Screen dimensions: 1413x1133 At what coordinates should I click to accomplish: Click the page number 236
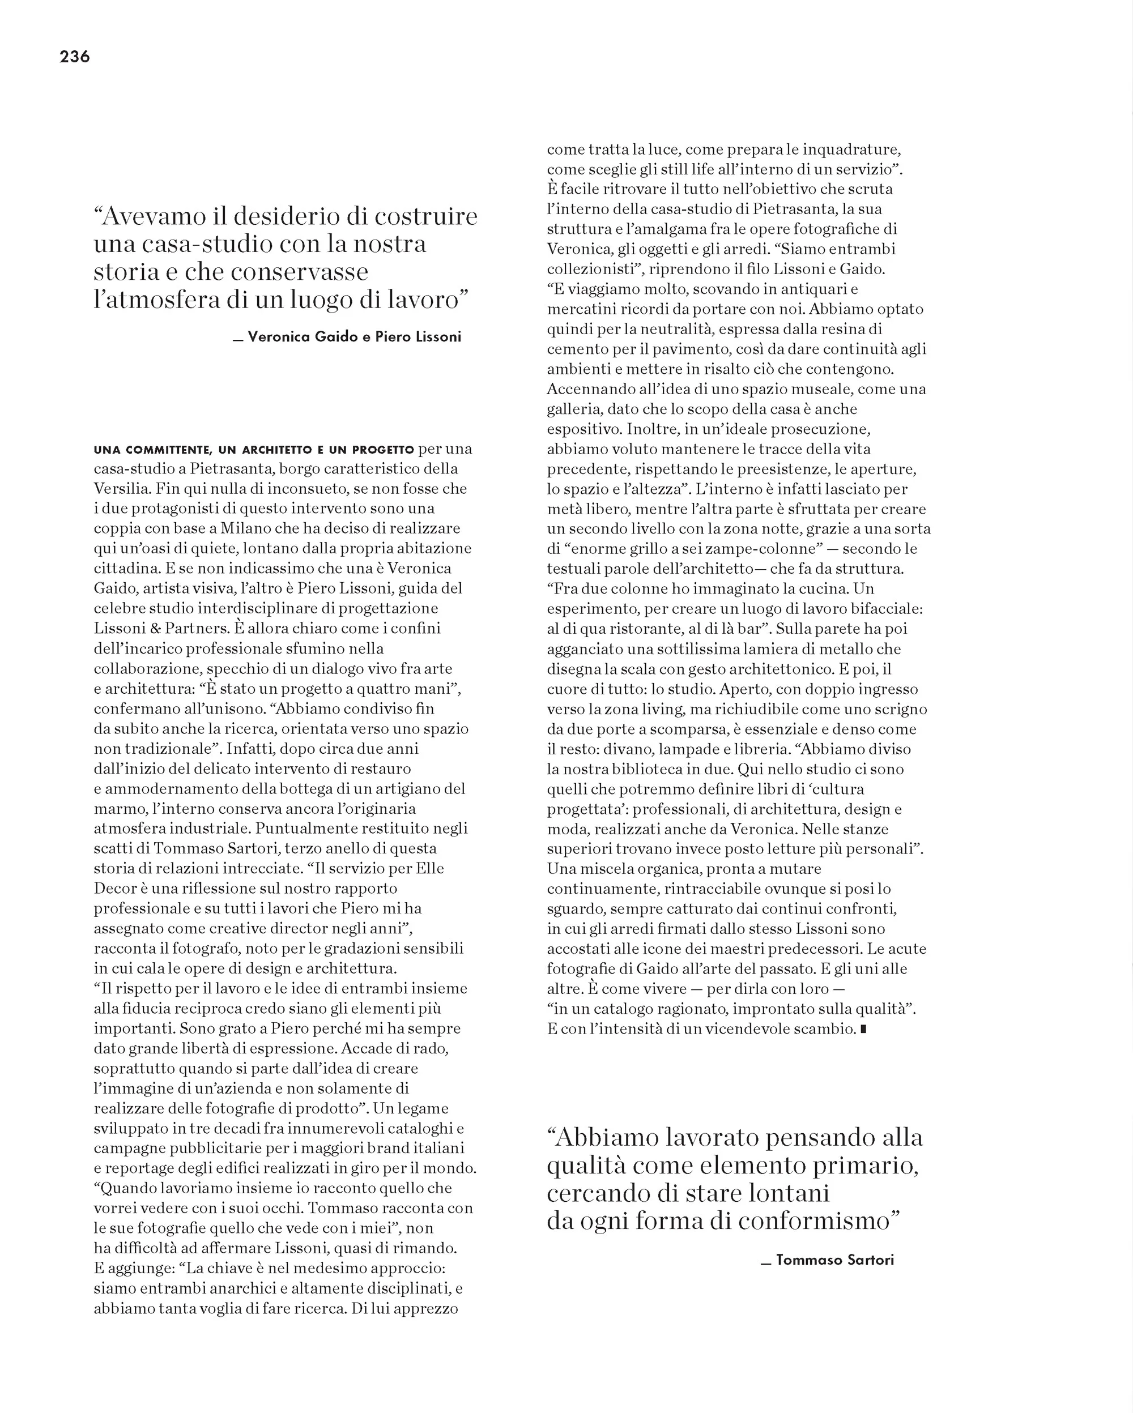tap(75, 57)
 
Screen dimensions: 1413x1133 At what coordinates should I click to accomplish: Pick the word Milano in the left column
tap(241, 528)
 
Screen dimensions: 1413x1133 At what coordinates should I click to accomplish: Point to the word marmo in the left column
tap(117, 809)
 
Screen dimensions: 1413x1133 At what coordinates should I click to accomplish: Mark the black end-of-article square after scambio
tap(863, 1030)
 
